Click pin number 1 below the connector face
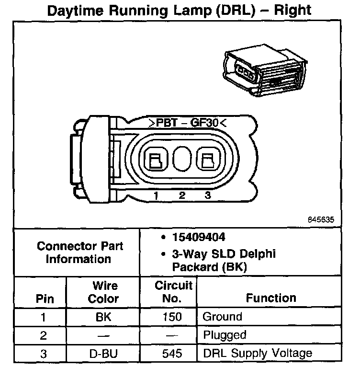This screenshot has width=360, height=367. coord(156,195)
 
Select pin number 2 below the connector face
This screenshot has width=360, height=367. coord(182,195)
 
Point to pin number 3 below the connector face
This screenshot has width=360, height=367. coord(207,195)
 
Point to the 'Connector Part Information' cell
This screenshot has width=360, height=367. coord(80,252)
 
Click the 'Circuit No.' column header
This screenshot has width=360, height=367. coord(168,292)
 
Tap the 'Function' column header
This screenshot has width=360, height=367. coord(271,298)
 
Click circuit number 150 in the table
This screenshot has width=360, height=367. coord(168,317)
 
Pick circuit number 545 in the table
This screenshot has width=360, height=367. coord(168,354)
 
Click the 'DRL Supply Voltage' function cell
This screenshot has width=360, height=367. coord(258,354)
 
